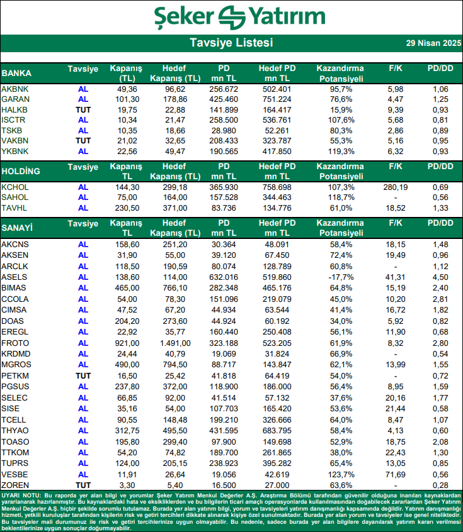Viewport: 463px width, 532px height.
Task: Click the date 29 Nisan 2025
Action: (x=433, y=43)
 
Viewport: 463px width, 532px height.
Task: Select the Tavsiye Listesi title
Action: (x=231, y=43)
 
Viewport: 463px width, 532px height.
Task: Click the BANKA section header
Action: (x=16, y=73)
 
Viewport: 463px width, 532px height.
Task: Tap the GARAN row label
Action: (x=14, y=99)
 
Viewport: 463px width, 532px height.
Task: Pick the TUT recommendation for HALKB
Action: (x=83, y=110)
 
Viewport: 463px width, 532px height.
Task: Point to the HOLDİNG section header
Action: (x=21, y=171)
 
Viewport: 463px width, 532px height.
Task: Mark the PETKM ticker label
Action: (x=15, y=375)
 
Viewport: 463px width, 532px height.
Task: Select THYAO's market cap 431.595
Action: (x=224, y=430)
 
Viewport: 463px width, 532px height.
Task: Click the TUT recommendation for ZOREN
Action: (x=83, y=485)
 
